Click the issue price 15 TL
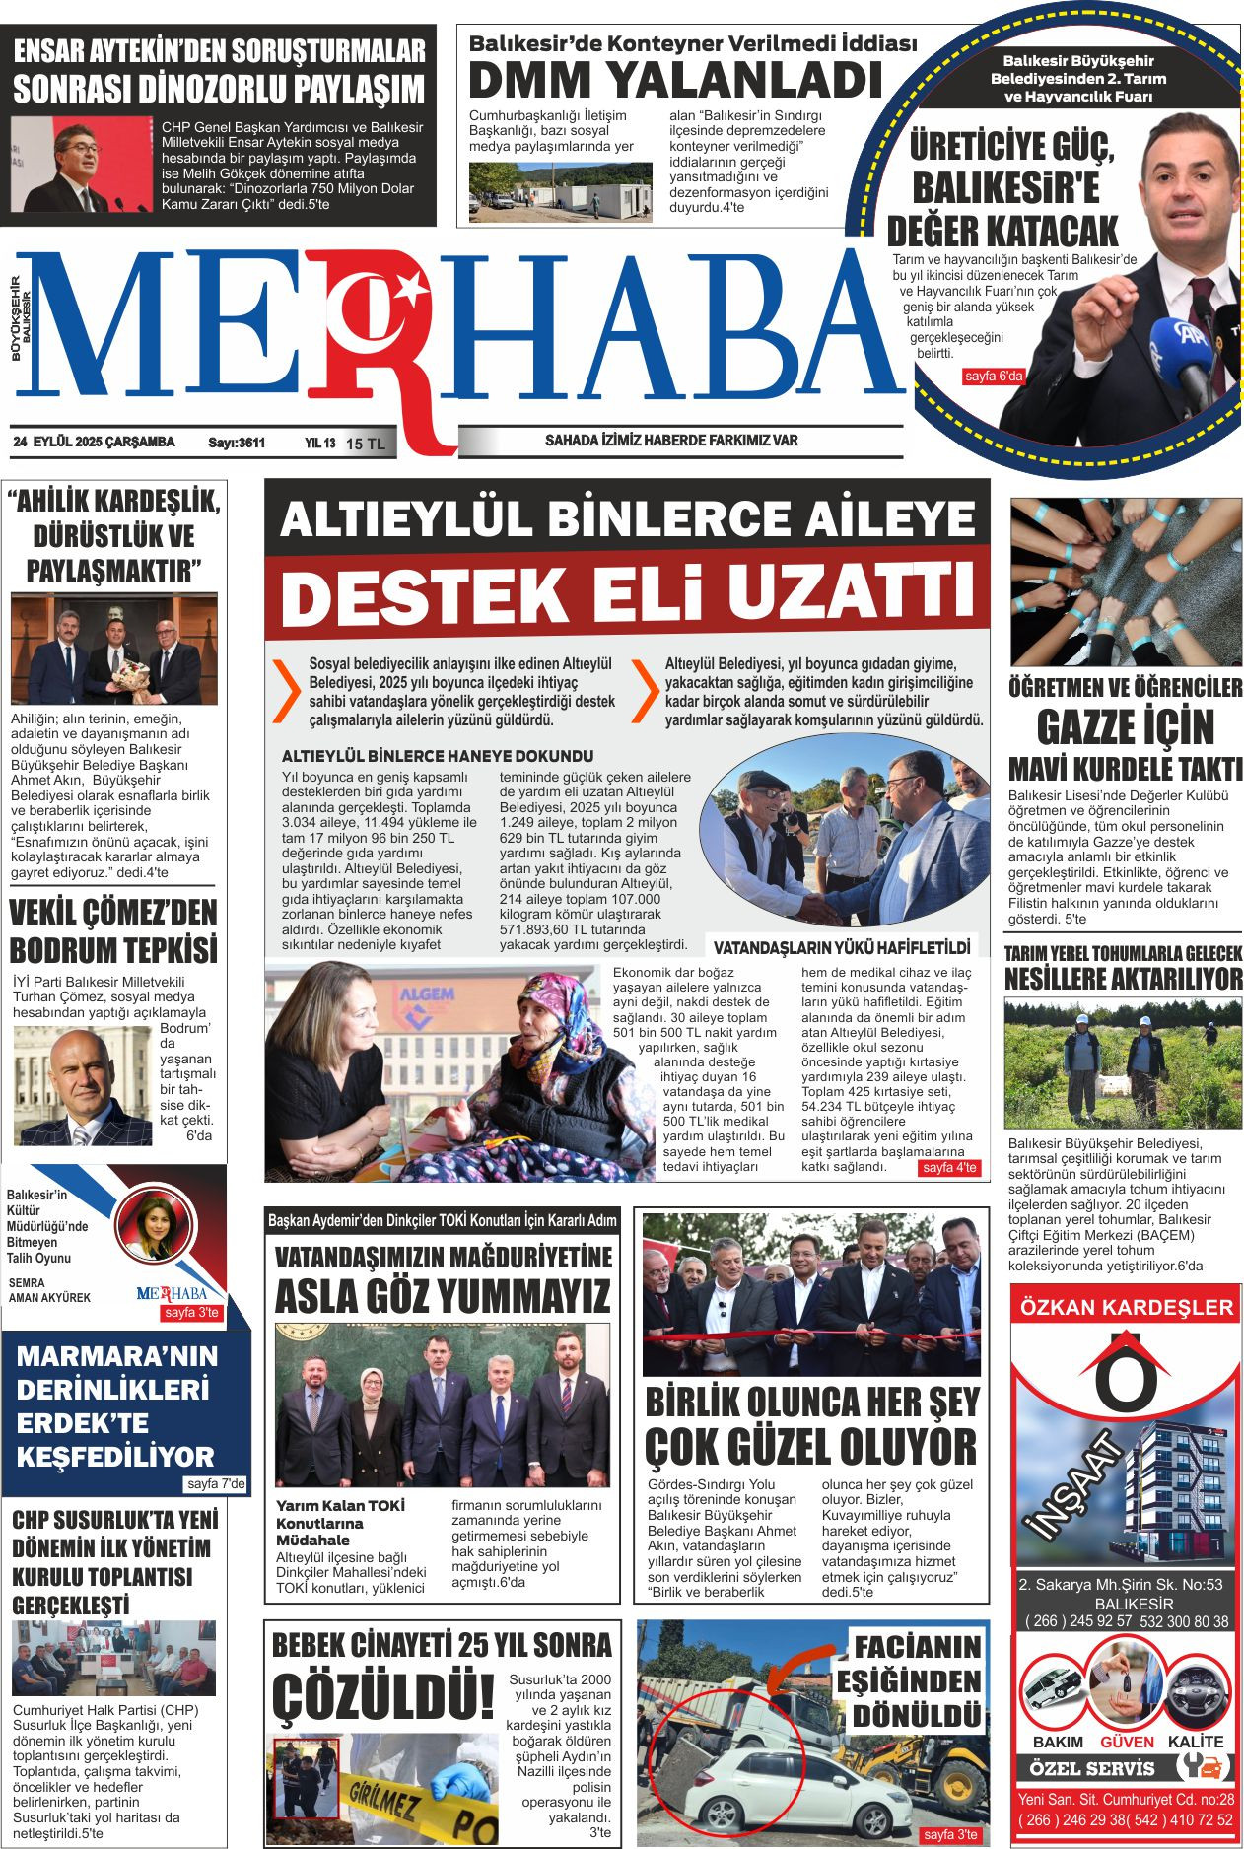coord(366,445)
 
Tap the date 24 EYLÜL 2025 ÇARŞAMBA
coord(94,443)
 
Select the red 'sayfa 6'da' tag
coord(994,377)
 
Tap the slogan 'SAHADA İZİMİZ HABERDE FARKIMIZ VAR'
coord(671,441)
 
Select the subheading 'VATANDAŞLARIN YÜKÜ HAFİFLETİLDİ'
coord(842,948)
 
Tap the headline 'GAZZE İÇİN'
coord(1125,728)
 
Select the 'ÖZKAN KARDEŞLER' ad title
coord(1126,1307)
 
